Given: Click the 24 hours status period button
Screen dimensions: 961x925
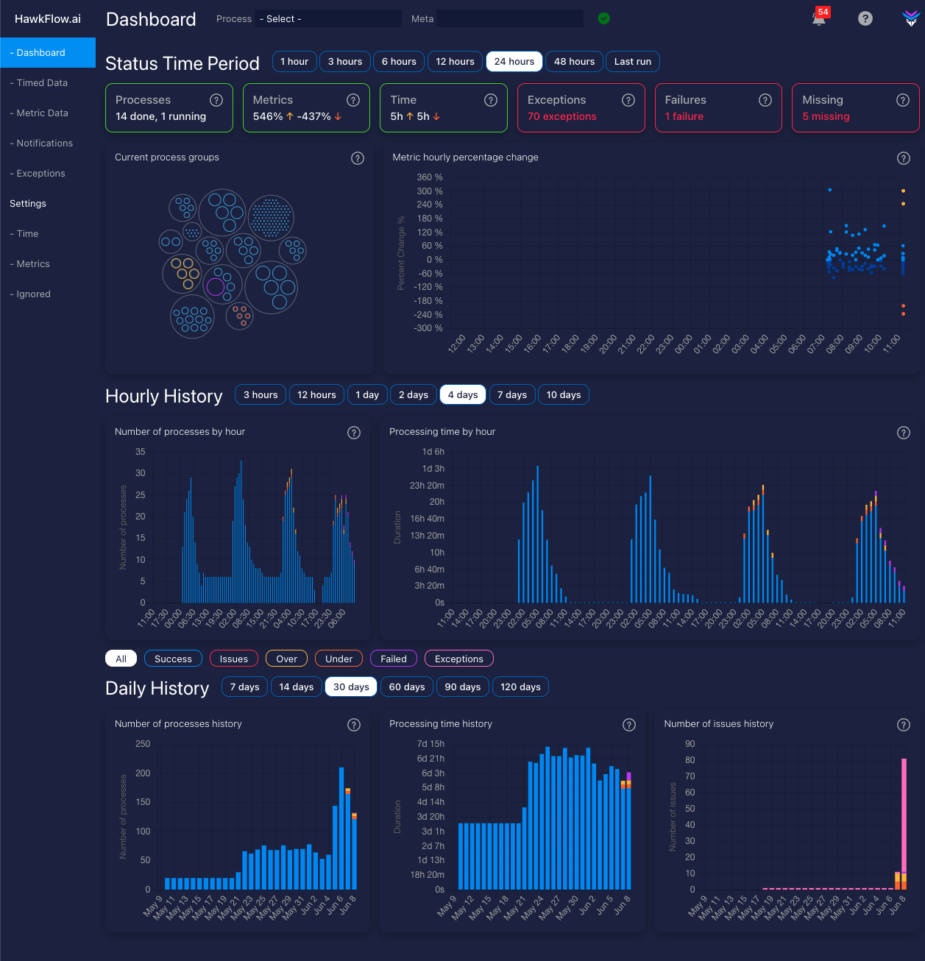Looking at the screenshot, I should pyautogui.click(x=514, y=62).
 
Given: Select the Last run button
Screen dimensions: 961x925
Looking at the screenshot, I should pyautogui.click(x=633, y=62).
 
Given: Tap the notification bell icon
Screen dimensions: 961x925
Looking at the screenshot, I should pyautogui.click(x=818, y=19).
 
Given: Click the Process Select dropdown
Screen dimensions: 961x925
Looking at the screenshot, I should pyautogui.click(x=328, y=19).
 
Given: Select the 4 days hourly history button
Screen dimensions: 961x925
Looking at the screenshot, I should pyautogui.click(x=463, y=395).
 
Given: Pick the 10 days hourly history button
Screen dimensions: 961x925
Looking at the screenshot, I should pyautogui.click(x=564, y=395).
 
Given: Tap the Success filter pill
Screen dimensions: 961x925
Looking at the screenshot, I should pyautogui.click(x=173, y=659).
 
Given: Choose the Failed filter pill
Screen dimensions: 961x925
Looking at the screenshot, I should pyautogui.click(x=394, y=659).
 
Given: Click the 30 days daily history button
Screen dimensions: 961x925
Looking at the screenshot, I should pyautogui.click(x=351, y=687).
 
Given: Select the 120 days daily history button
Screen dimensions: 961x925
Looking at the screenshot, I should pyautogui.click(x=520, y=687).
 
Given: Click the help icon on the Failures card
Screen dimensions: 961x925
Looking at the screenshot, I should pyautogui.click(x=765, y=100).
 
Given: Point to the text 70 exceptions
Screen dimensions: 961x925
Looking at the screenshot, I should pyautogui.click(x=562, y=117).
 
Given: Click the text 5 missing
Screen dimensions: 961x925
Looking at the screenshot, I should pyautogui.click(x=826, y=117).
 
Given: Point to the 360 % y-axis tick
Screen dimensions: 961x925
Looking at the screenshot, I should pyautogui.click(x=430, y=177).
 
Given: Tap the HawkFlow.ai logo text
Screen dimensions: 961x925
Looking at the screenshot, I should pyautogui.click(x=48, y=19).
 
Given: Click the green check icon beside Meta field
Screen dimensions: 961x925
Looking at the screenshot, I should pyautogui.click(x=604, y=18).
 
